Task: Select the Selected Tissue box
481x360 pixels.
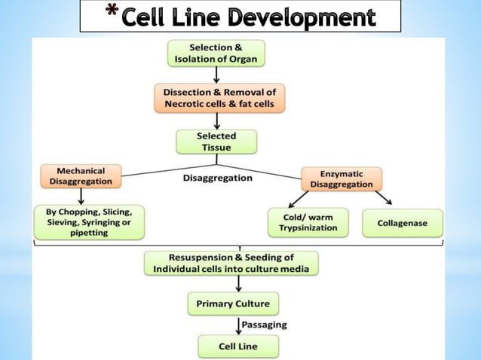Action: [x=216, y=142]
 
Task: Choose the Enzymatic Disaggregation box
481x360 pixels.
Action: [x=342, y=178]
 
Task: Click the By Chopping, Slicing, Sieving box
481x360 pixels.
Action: [x=88, y=222]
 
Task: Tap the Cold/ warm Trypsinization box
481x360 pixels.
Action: [x=308, y=222]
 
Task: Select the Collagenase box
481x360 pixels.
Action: [x=403, y=222]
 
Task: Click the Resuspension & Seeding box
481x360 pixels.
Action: [x=231, y=263]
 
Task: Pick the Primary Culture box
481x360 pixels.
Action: [x=232, y=304]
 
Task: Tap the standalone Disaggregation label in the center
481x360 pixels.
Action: [x=217, y=178]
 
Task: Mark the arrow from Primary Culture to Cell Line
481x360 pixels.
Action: [x=239, y=325]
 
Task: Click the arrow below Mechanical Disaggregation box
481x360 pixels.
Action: [x=80, y=197]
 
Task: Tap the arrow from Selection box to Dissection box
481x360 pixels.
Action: [x=217, y=75]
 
